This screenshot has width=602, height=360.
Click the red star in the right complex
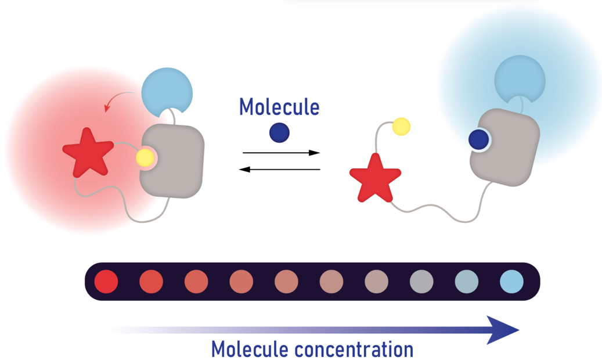pyautogui.click(x=374, y=177)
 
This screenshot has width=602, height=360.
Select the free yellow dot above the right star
pyautogui.click(x=401, y=126)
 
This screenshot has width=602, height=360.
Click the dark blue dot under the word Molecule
pyautogui.click(x=279, y=133)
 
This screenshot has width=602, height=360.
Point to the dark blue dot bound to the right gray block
pyautogui.click(x=478, y=139)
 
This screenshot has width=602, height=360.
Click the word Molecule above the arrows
pyautogui.click(x=279, y=107)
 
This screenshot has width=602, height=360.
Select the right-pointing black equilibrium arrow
pyautogui.click(x=281, y=153)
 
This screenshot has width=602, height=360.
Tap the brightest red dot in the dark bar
pyautogui.click(x=106, y=282)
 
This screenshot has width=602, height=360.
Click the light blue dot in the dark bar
pyautogui.click(x=511, y=282)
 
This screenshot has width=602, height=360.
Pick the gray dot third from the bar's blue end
pyautogui.click(x=421, y=282)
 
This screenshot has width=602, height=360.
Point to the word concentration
pyautogui.click(x=354, y=350)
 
